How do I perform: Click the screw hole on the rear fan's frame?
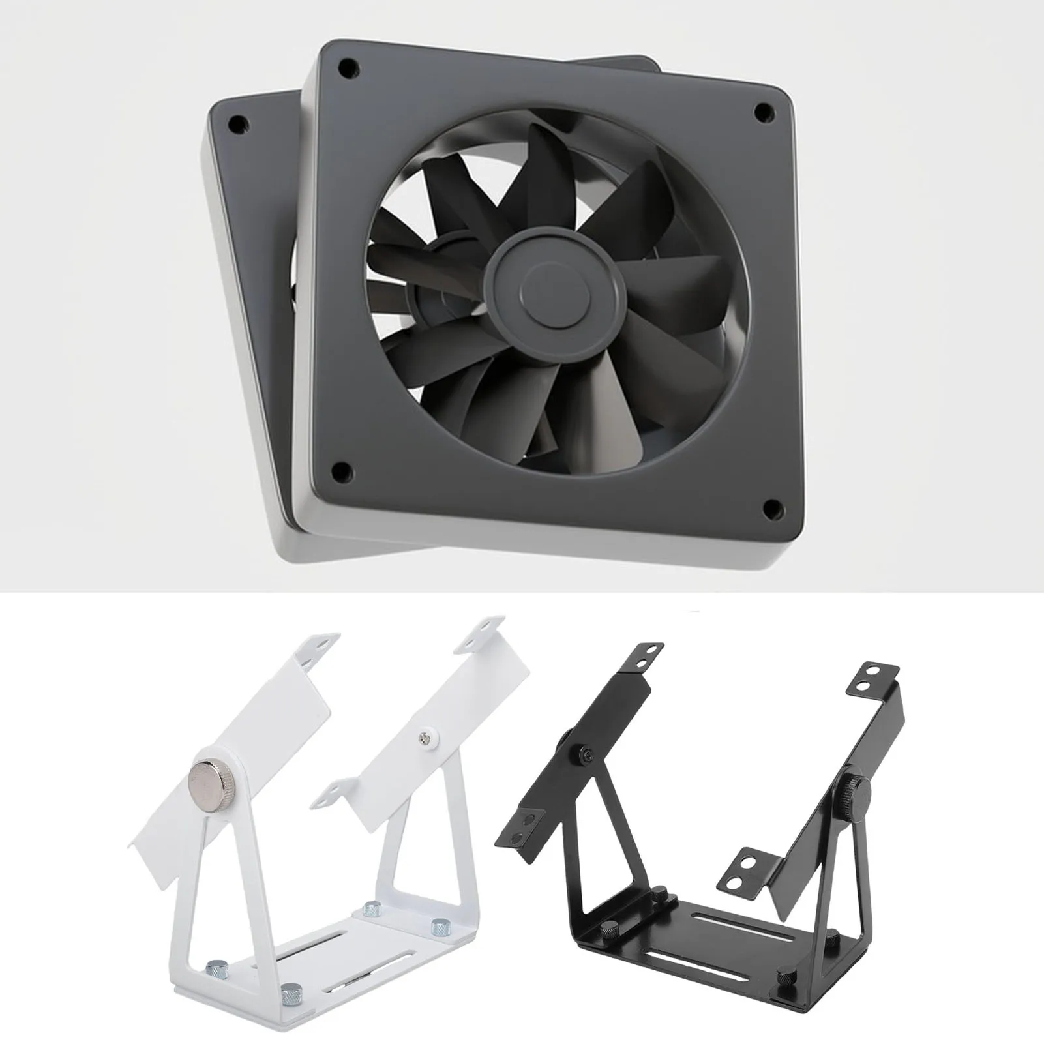[x=239, y=122]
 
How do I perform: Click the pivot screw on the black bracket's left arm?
[x=587, y=753]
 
